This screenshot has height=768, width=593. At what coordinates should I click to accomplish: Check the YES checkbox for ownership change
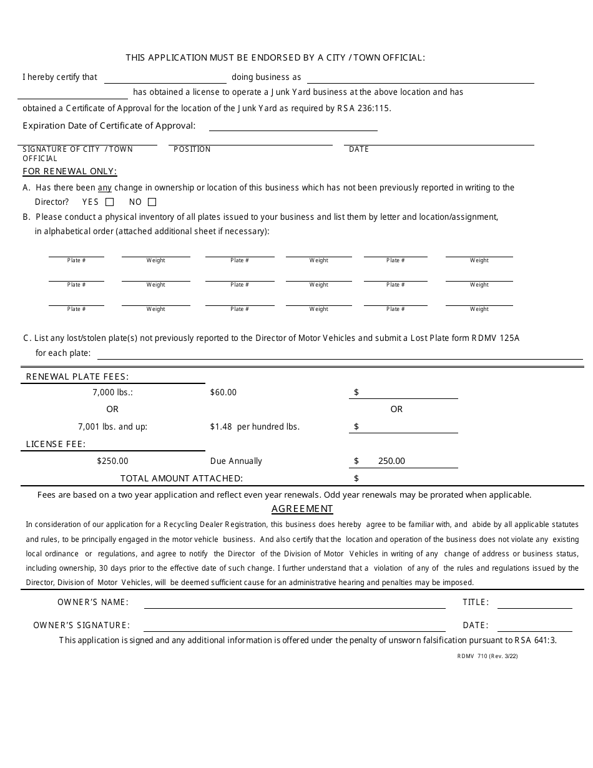pos(110,202)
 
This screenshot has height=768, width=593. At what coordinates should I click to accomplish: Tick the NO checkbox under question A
pos(152,202)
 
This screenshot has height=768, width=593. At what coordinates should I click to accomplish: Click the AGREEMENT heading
pos(302,509)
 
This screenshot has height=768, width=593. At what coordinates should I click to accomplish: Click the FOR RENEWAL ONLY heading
pos(70,172)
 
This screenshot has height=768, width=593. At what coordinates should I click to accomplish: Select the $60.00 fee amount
pos(223,393)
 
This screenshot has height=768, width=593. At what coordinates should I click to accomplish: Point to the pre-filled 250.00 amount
pos(391,461)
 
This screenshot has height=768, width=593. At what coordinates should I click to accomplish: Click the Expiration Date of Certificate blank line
pos(293,126)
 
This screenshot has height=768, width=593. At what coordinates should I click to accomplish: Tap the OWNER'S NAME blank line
pos(294,603)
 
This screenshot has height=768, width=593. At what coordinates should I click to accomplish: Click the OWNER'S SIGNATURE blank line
pos(294,626)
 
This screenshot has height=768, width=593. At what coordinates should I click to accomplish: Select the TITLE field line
pos(534,603)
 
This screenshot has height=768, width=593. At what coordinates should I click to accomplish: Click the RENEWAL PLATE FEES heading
pos(77,377)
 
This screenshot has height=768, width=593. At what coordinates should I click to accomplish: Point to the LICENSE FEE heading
pos(56,444)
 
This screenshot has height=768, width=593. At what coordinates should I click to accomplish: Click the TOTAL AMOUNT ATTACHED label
pos(181,478)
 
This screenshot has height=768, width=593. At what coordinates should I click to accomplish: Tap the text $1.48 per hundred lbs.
pos(255,427)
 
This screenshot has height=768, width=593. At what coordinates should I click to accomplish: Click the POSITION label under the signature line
pos(192,149)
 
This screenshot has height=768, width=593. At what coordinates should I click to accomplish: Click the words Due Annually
pos(236,461)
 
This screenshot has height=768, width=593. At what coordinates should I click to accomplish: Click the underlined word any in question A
pos(104,187)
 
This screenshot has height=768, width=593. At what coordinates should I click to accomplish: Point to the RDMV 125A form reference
pos(497,338)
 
